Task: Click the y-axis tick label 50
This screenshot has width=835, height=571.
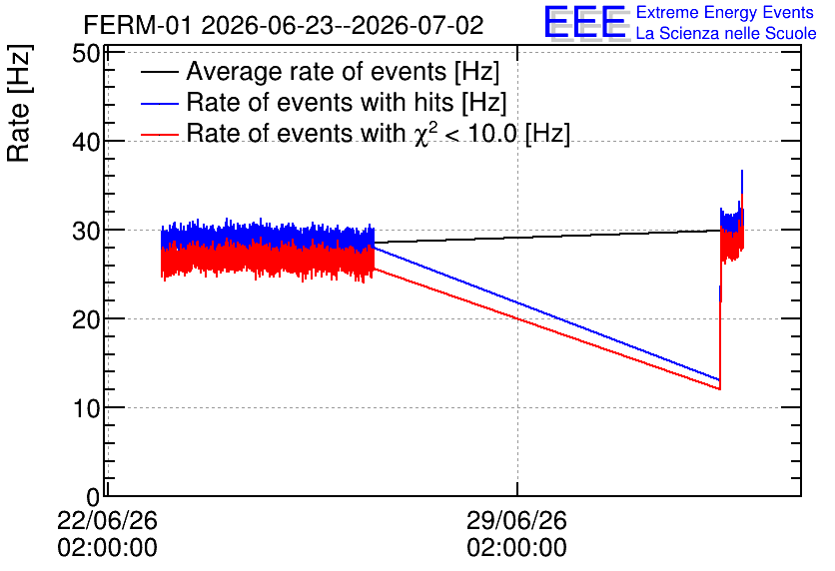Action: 86,54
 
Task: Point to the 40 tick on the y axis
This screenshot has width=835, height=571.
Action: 86,142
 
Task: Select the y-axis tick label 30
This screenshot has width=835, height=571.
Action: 86,231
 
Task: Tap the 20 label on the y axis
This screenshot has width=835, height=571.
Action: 86,319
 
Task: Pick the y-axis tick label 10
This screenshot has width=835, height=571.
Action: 86,408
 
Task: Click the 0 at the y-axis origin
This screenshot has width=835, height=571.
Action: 93,497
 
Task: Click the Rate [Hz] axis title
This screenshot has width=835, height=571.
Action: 19,103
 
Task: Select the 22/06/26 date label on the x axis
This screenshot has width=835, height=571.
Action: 108,520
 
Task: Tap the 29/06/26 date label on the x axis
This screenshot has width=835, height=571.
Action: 517,520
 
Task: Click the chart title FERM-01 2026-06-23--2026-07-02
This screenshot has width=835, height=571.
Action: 284,25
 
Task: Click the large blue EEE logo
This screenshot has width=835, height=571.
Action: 585,22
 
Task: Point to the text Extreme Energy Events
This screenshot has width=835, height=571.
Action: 725,12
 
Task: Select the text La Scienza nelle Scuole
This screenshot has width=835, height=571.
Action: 726,33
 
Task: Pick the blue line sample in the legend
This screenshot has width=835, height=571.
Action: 160,104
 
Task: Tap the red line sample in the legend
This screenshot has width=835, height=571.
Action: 160,135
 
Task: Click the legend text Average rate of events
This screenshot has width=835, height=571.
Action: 317,71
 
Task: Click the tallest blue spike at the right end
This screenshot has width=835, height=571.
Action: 742,172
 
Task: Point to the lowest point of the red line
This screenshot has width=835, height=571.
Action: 719,389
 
